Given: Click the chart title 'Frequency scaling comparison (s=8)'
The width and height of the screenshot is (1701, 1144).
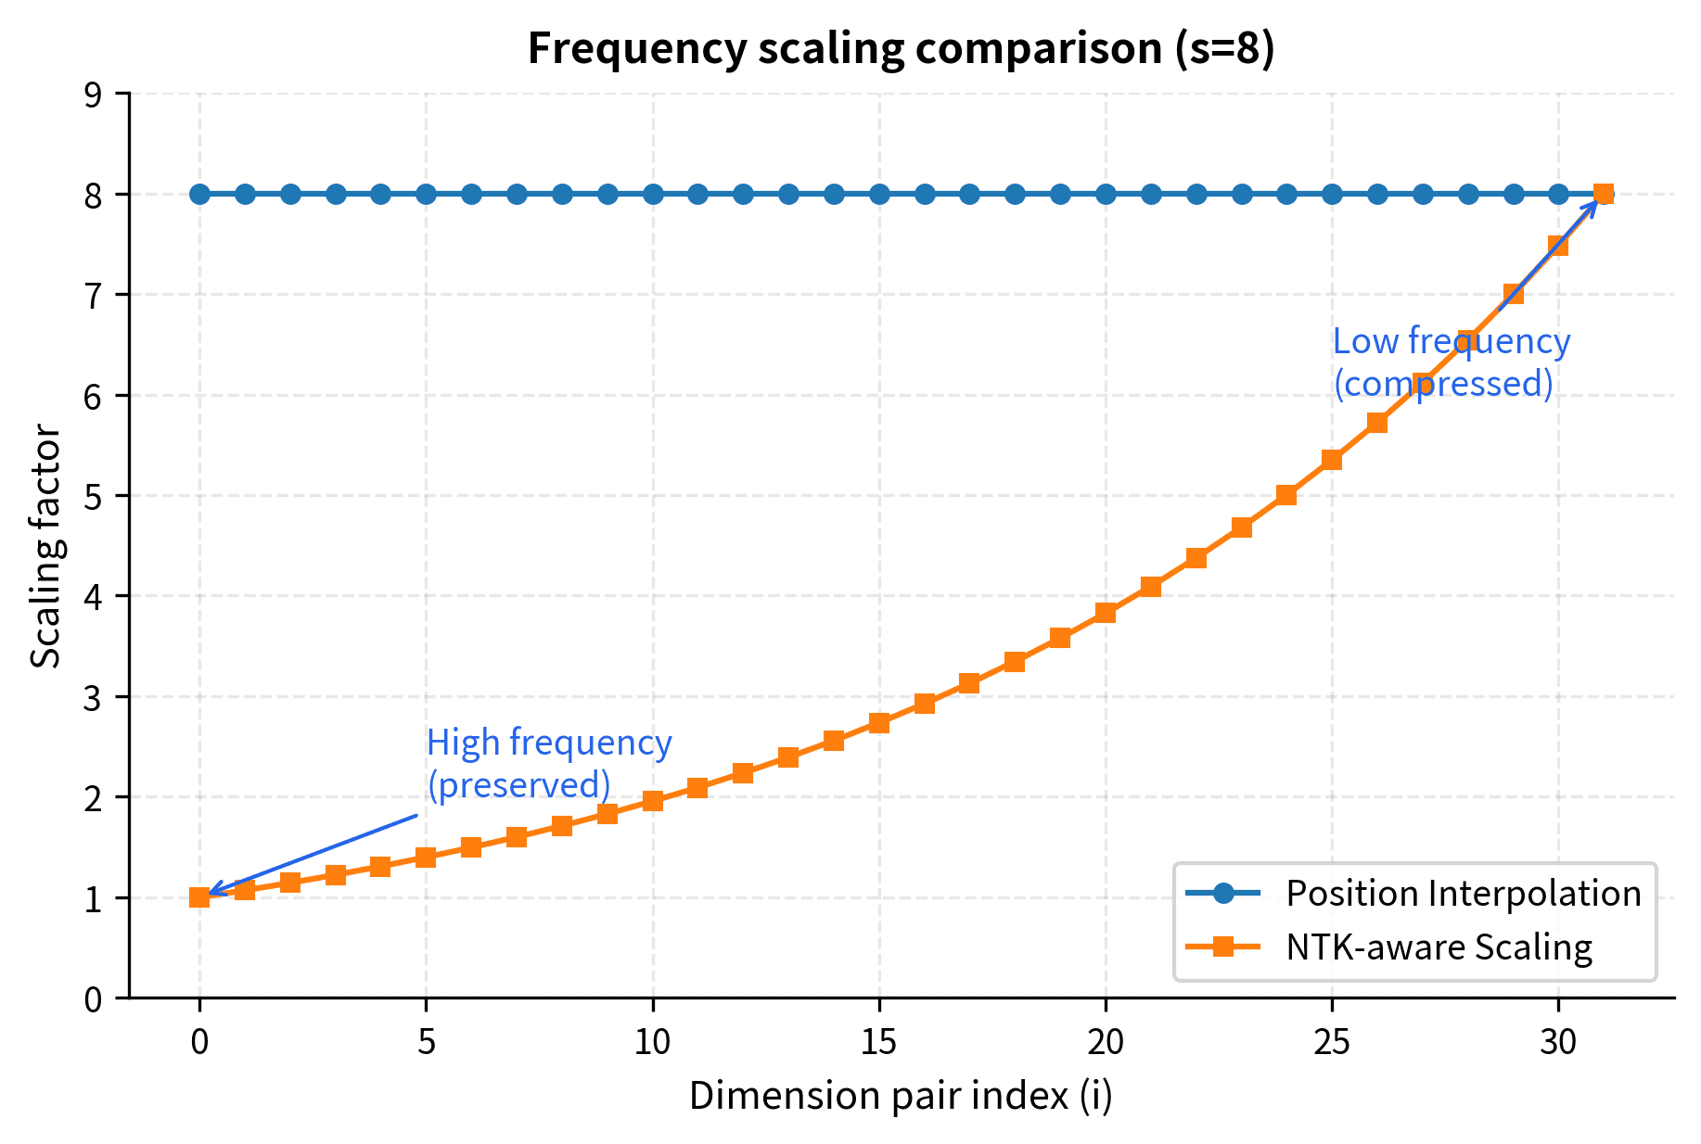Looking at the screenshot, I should pyautogui.click(x=901, y=48).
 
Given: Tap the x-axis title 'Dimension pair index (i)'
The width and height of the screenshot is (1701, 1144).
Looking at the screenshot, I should pyautogui.click(x=901, y=1096).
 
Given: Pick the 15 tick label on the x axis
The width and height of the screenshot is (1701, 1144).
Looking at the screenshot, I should pyautogui.click(x=878, y=1042).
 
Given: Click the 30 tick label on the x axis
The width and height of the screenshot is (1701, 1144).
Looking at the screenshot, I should pyautogui.click(x=1558, y=1042).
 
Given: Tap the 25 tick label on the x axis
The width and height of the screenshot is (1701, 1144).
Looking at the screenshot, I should pyautogui.click(x=1332, y=1042).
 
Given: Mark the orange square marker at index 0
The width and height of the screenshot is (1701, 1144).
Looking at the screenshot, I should pyautogui.click(x=199, y=897).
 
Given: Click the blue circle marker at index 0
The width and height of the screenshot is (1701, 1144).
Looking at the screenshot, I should pyautogui.click(x=199, y=194).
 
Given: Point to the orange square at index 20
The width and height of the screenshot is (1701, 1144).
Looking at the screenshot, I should pyautogui.click(x=1106, y=613).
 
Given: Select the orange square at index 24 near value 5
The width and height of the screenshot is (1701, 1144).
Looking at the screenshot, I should pyautogui.click(x=1286, y=495).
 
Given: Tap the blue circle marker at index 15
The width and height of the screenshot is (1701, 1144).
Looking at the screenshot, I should pyautogui.click(x=879, y=194).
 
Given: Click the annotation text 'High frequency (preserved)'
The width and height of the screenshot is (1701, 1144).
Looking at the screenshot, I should pyautogui.click(x=548, y=764).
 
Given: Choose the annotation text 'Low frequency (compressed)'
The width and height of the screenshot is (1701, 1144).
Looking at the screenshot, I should pyautogui.click(x=1451, y=362).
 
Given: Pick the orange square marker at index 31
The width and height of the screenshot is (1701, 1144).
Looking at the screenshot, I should pyautogui.click(x=1604, y=194).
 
